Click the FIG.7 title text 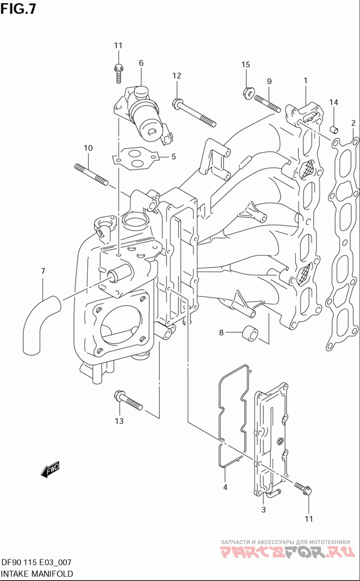(18, 9)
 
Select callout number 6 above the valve (141, 63)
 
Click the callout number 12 (177, 76)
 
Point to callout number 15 (246, 65)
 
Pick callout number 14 (334, 103)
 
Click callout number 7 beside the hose (43, 271)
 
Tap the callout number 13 (119, 421)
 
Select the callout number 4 (225, 487)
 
